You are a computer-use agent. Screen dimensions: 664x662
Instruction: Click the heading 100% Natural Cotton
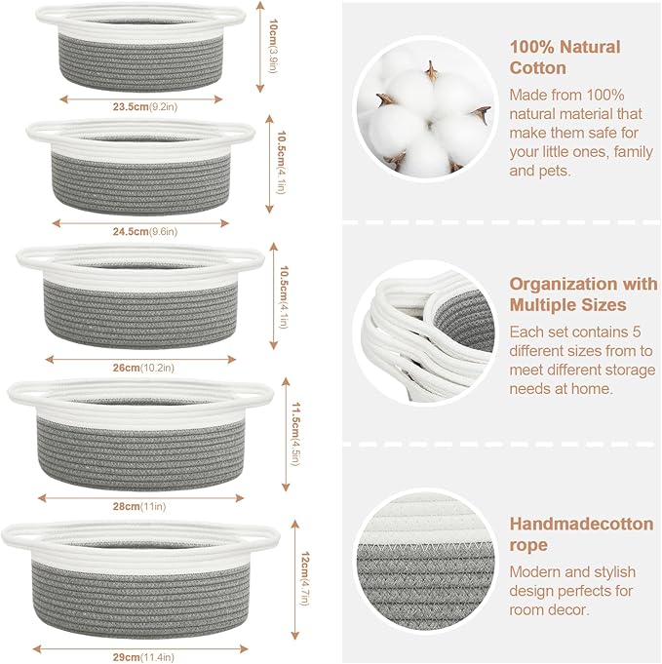coord(565,57)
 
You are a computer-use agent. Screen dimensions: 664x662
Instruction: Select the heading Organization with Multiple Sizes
coord(583,293)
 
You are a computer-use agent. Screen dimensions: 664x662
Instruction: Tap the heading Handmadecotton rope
coord(581,534)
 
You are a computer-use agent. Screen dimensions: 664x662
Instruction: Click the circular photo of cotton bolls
coord(426,109)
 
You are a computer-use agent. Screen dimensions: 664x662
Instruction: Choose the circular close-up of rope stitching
coord(426,572)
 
